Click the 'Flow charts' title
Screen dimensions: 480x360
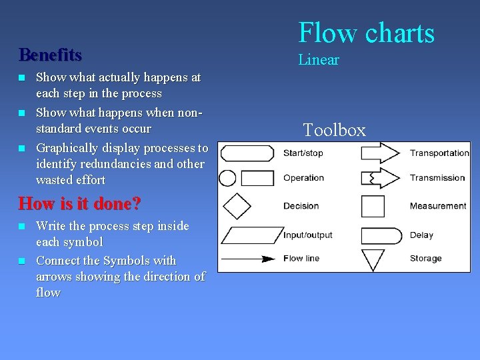pyautogui.click(x=366, y=33)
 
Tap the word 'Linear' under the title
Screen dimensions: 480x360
pyautogui.click(x=319, y=60)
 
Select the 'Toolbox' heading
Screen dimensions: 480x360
pyautogui.click(x=334, y=129)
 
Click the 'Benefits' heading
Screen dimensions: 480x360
pyautogui.click(x=51, y=54)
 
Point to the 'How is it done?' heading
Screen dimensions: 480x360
pyautogui.click(x=79, y=203)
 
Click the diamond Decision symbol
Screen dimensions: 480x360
pyautogui.click(x=237, y=206)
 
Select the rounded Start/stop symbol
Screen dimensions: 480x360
pyautogui.click(x=247, y=153)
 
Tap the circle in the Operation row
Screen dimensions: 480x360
pyautogui.click(x=227, y=178)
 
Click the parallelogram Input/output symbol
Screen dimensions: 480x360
pyautogui.click(x=247, y=235)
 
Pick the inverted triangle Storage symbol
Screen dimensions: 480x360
pyautogui.click(x=373, y=259)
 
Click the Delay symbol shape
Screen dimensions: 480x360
pyautogui.click(x=381, y=235)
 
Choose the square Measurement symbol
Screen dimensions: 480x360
pyautogui.click(x=373, y=206)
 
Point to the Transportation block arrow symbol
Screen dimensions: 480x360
pyautogui.click(x=379, y=153)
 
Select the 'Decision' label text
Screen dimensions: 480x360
pyautogui.click(x=301, y=206)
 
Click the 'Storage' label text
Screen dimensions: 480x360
pyautogui.click(x=425, y=259)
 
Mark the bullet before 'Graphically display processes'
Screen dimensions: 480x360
pyautogui.click(x=22, y=148)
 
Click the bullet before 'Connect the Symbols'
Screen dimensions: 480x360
pyautogui.click(x=22, y=261)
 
